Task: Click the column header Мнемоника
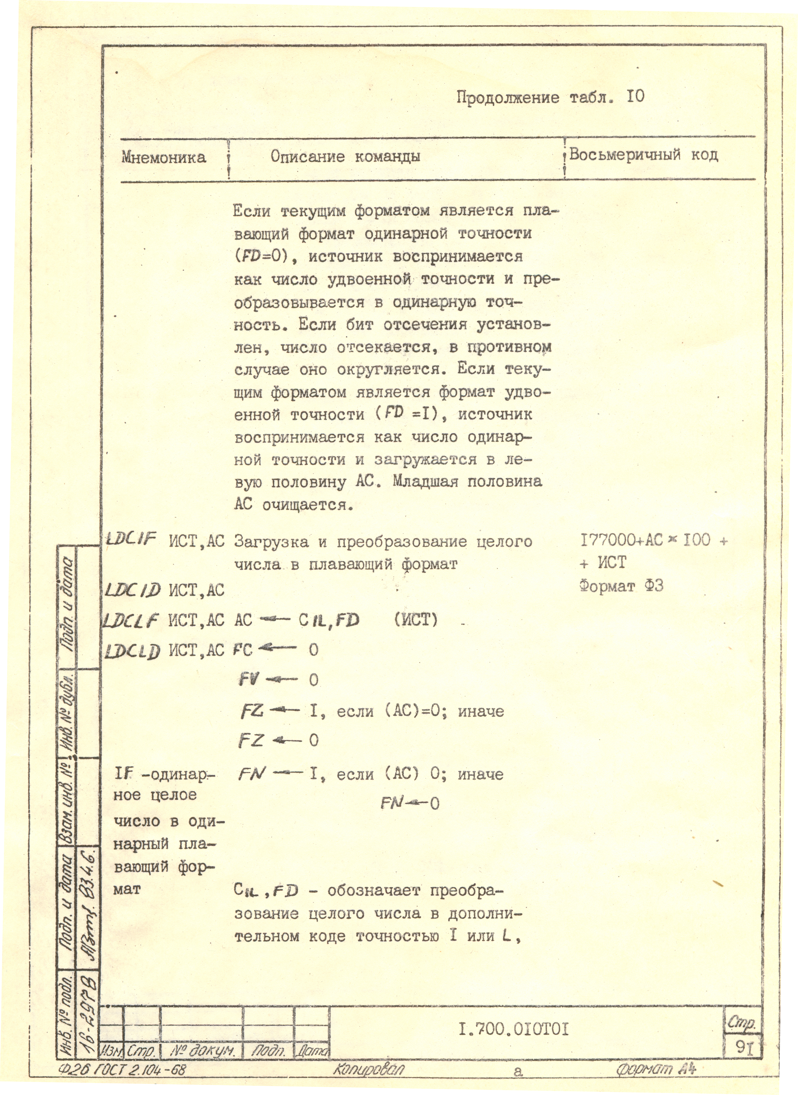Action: point(163,157)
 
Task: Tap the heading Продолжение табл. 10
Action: point(550,98)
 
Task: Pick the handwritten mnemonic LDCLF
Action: point(131,620)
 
